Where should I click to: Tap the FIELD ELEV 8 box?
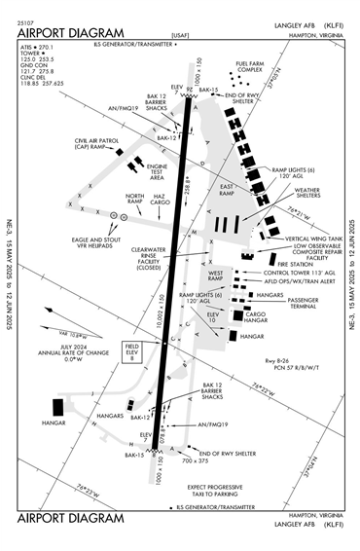pyautogui.click(x=131, y=352)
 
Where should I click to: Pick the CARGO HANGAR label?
pyautogui.click(x=256, y=318)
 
